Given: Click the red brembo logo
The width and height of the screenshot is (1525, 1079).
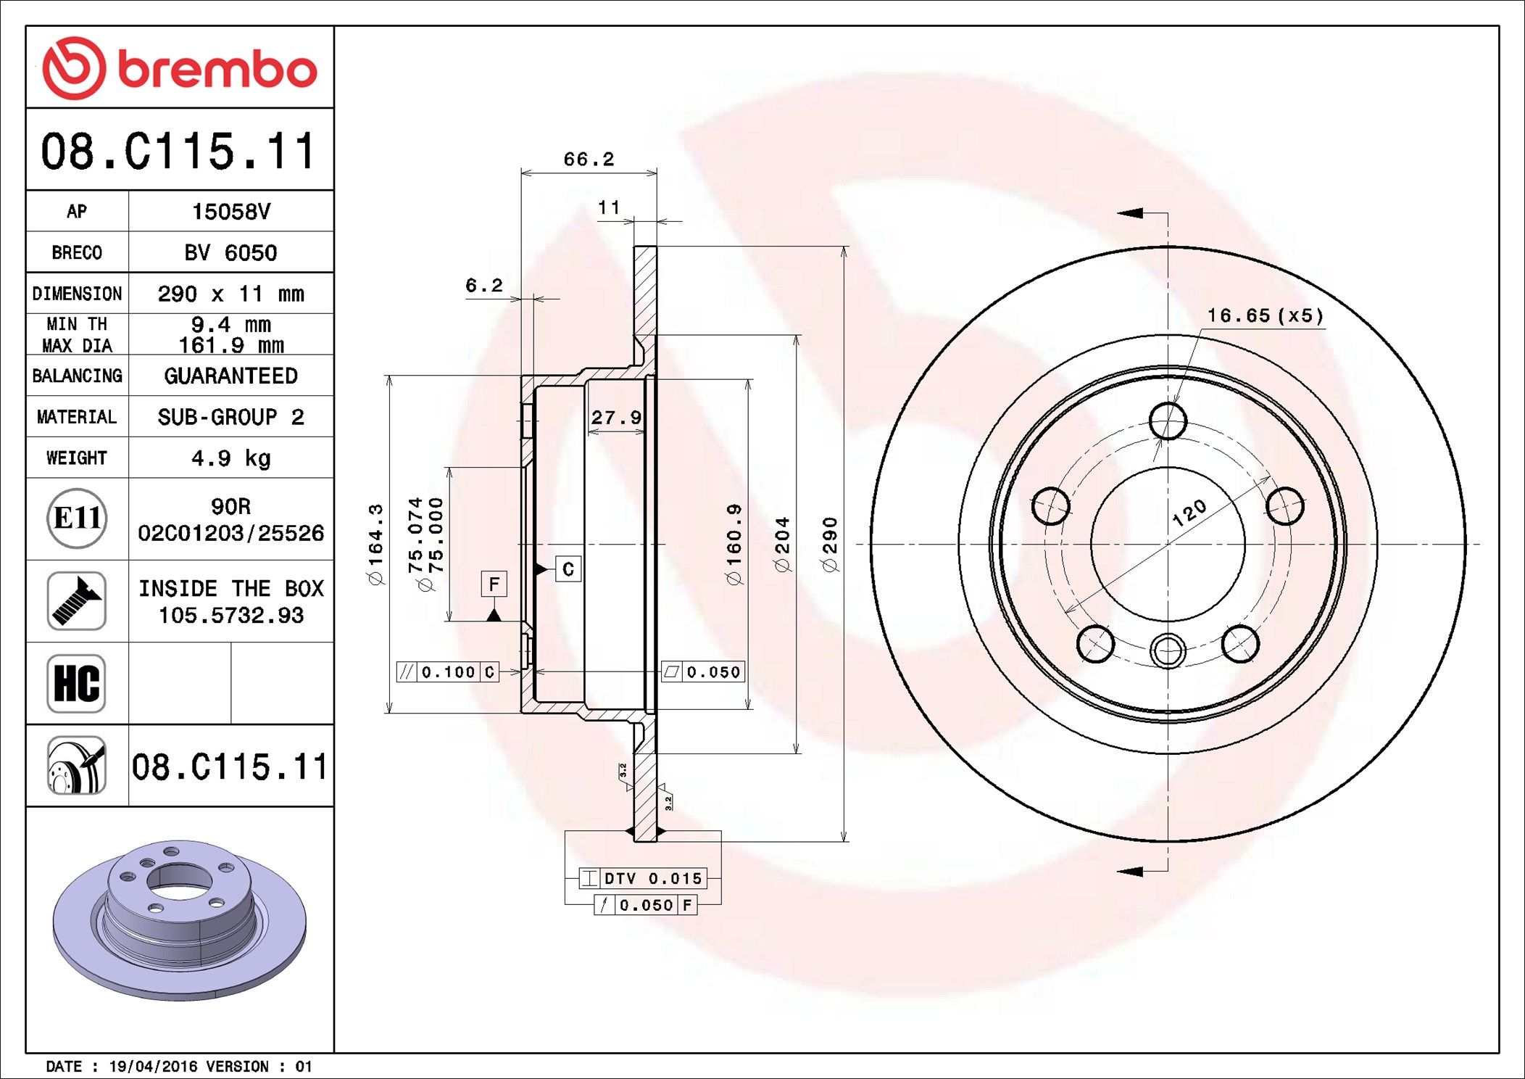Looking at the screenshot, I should (x=179, y=68).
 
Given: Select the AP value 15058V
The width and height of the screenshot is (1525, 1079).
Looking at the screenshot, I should (x=230, y=212).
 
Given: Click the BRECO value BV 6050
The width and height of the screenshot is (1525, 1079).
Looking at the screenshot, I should (x=230, y=253).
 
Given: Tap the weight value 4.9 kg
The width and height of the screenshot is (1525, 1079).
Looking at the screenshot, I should (x=230, y=458).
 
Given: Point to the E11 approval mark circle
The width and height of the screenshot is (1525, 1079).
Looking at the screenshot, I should (x=77, y=518).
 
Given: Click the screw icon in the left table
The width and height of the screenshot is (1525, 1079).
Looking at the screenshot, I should (x=77, y=601).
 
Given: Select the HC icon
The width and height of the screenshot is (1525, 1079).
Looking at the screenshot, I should (x=77, y=684).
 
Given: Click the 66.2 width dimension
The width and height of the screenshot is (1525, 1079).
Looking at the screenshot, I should (x=589, y=160).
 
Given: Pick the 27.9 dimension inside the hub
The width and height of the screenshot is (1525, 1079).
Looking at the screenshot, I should (x=616, y=418).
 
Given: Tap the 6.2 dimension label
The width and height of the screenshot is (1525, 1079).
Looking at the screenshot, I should (x=483, y=286).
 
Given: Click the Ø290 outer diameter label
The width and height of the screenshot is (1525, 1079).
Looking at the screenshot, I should (x=831, y=544).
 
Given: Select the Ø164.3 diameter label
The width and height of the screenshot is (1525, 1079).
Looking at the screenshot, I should (x=375, y=544).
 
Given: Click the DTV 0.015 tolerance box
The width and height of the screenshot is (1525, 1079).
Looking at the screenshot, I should (x=643, y=879).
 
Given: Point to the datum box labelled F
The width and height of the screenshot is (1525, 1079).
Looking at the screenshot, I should (x=494, y=584).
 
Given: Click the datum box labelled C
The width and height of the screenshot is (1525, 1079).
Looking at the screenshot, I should (x=568, y=569).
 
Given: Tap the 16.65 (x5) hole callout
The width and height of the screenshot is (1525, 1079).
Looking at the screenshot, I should (x=1265, y=316).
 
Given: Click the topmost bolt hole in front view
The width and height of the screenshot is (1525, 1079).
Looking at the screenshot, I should (x=1168, y=421).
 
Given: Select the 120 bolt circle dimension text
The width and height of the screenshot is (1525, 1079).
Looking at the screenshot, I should (x=1189, y=513).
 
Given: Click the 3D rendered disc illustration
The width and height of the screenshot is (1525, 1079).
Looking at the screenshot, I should (x=179, y=919).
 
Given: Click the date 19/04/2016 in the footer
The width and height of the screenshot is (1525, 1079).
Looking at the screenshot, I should (x=153, y=1067).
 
